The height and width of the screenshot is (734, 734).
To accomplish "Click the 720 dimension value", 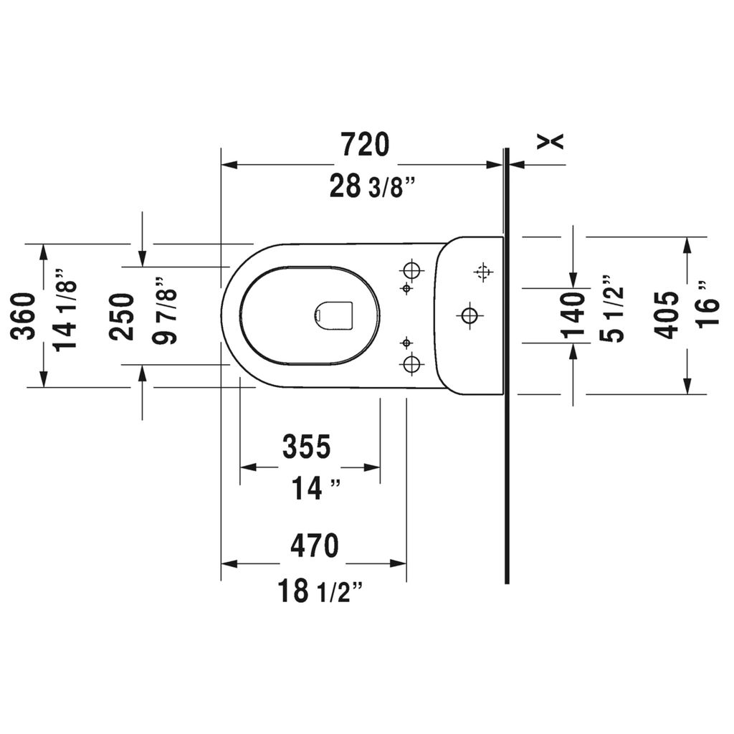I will (x=365, y=145).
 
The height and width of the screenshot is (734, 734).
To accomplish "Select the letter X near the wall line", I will (x=550, y=142).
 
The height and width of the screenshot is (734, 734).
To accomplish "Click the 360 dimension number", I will (x=25, y=316).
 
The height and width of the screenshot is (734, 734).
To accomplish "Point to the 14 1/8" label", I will (x=66, y=310).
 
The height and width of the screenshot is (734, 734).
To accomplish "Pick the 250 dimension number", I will (x=122, y=316).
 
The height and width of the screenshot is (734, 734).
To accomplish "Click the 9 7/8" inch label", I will (x=165, y=310).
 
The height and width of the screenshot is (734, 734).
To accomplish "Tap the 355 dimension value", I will (x=306, y=447).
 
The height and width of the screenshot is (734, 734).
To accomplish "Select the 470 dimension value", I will (x=314, y=546).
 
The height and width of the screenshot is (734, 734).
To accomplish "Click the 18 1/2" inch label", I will (x=320, y=591).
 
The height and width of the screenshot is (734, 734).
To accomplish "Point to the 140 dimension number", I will (x=572, y=315).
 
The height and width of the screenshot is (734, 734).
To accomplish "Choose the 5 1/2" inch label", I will (x=612, y=309).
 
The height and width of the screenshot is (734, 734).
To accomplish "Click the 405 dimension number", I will (x=667, y=315).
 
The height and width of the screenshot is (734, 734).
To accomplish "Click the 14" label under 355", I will (x=314, y=490).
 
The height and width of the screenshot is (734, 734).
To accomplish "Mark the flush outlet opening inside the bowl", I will (x=334, y=315).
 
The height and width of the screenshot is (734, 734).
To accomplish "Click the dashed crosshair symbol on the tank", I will (x=483, y=272).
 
